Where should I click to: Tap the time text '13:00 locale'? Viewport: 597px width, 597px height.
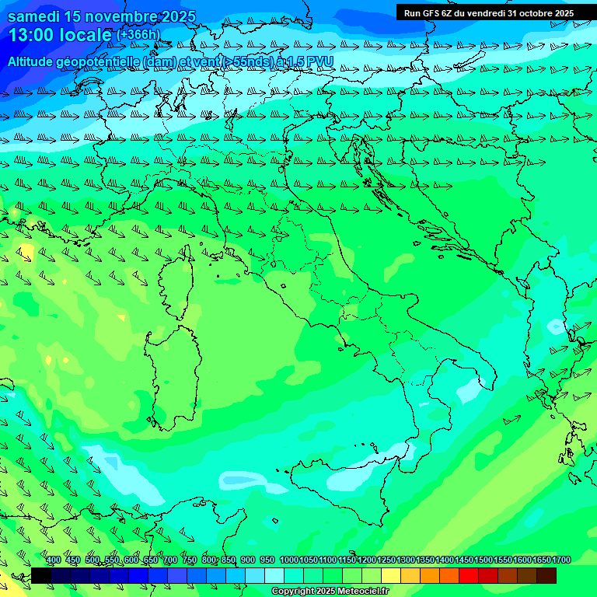click(x=60, y=35)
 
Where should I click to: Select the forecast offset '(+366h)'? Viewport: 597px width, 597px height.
click(x=138, y=35)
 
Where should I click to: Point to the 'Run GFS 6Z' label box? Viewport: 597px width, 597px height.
click(x=428, y=12)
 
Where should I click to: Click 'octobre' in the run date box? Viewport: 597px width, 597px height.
click(x=529, y=12)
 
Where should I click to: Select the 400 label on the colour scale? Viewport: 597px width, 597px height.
click(x=54, y=560)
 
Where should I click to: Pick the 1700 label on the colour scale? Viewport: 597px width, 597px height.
click(x=561, y=560)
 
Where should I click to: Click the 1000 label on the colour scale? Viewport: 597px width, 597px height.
click(x=288, y=560)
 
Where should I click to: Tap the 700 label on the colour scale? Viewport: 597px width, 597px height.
click(x=170, y=560)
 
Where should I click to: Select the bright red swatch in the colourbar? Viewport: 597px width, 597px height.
click(x=469, y=575)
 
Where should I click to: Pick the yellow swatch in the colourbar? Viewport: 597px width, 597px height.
click(x=391, y=575)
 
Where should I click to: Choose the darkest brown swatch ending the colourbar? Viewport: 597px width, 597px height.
click(x=546, y=575)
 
